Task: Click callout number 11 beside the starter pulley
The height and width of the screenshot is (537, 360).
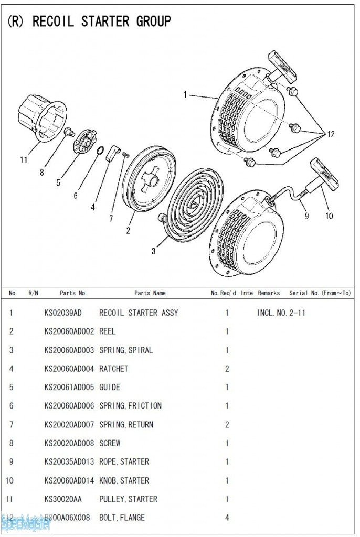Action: [24, 160]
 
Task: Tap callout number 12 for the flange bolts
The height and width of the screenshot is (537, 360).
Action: [330, 135]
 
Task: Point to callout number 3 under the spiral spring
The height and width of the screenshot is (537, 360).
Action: [153, 251]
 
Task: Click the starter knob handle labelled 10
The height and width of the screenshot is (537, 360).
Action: [324, 173]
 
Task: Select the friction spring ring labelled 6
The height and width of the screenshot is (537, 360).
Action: [99, 153]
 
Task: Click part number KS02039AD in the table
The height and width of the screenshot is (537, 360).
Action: [63, 313]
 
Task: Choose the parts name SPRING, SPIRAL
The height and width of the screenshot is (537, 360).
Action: [126, 350]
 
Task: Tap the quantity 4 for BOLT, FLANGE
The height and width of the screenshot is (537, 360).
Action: [227, 518]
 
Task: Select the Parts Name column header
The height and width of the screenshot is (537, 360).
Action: [150, 293]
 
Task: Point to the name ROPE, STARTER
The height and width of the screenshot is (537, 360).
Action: [124, 462]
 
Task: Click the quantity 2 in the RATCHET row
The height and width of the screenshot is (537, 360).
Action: [227, 369]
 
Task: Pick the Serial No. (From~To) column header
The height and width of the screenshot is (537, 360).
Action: [320, 293]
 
